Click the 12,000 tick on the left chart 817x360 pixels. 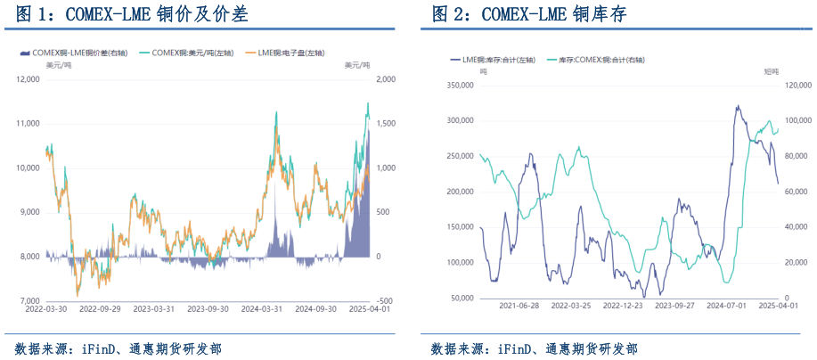[x=27, y=79]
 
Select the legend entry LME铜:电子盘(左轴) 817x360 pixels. [x=292, y=53]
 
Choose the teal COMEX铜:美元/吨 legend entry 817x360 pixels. [x=187, y=53]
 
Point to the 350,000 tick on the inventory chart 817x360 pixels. [x=460, y=86]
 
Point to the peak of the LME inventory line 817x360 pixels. [x=737, y=106]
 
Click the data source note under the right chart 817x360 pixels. [x=534, y=348]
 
